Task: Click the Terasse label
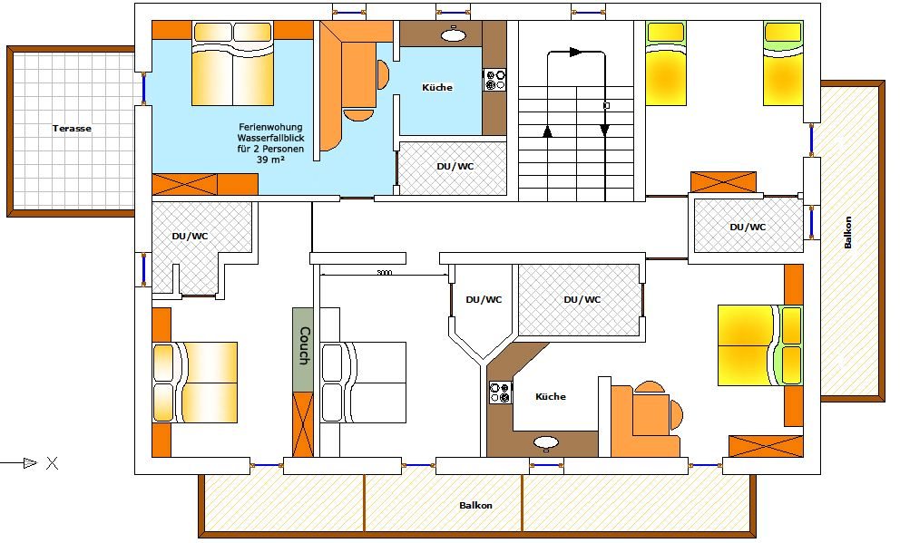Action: click(72, 129)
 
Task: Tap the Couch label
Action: click(304, 345)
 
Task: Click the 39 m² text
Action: click(270, 160)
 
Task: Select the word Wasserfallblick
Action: click(271, 138)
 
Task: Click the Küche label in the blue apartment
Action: click(437, 88)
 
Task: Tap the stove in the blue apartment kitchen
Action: click(494, 81)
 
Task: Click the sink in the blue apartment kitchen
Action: click(454, 34)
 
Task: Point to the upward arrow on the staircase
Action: click(547, 131)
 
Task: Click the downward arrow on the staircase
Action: click(604, 131)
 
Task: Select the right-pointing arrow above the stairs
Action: click(575, 53)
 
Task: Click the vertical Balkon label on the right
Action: click(848, 232)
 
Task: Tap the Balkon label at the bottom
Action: click(475, 506)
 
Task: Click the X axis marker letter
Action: click(53, 462)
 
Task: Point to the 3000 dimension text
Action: click(384, 272)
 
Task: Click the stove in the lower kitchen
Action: click(500, 393)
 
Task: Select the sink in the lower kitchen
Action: click(546, 442)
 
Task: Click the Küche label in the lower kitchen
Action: click(551, 397)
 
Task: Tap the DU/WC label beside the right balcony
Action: click(748, 227)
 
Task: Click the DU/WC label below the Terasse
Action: click(190, 237)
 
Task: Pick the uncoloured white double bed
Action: click(363, 383)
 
